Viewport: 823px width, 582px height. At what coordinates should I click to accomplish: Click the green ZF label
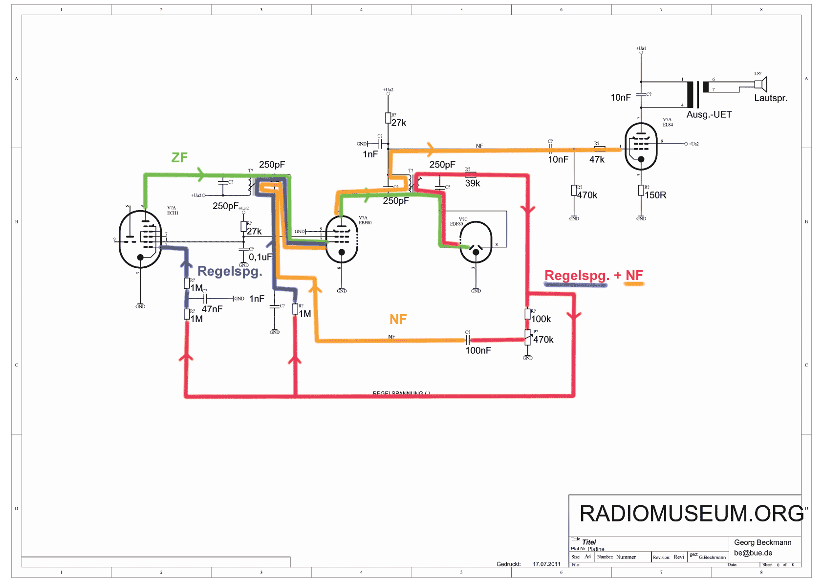click(x=179, y=157)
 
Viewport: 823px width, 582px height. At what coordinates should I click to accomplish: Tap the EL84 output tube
click(x=641, y=146)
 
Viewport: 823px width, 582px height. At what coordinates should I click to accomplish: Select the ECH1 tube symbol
click(x=140, y=239)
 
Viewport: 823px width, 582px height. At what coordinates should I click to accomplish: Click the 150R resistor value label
click(x=655, y=195)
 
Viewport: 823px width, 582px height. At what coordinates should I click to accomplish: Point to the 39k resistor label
click(x=473, y=183)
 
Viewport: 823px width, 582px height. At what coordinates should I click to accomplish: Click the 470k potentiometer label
click(x=543, y=340)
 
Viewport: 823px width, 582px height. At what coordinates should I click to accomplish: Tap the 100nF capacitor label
click(x=478, y=350)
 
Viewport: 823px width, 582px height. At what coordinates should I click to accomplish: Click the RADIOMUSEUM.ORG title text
click(x=691, y=514)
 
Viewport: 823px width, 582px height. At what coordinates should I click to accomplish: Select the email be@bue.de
click(x=753, y=553)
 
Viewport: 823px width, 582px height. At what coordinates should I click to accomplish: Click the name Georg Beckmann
click(x=762, y=542)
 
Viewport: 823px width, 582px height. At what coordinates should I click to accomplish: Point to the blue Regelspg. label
click(x=230, y=271)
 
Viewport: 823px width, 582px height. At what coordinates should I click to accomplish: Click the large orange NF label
click(x=398, y=320)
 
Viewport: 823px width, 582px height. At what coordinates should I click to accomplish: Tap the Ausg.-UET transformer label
click(x=709, y=115)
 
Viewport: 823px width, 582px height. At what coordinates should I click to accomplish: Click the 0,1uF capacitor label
click(x=260, y=257)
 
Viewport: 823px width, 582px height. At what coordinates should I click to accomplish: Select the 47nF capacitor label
click(x=212, y=309)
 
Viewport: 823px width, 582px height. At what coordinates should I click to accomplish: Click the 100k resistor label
click(x=541, y=319)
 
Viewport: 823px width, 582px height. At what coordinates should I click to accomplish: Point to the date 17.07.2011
click(x=546, y=564)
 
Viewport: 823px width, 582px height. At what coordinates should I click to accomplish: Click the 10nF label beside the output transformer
click(x=621, y=98)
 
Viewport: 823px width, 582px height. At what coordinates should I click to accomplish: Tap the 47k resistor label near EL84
click(x=597, y=159)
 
